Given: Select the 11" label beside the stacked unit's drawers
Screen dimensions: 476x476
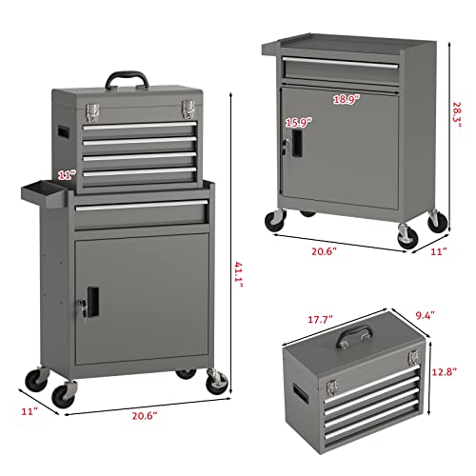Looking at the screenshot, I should point(66,174).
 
